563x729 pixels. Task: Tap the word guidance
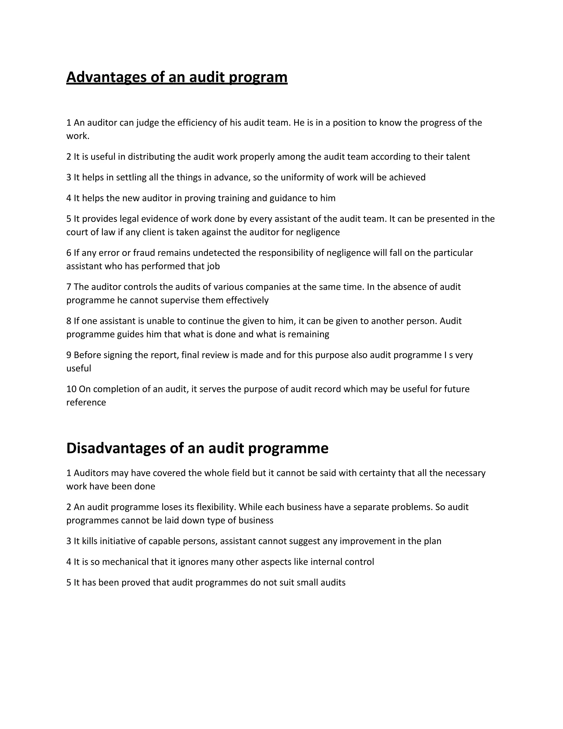tap(286, 198)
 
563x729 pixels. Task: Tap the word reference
tap(86, 402)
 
